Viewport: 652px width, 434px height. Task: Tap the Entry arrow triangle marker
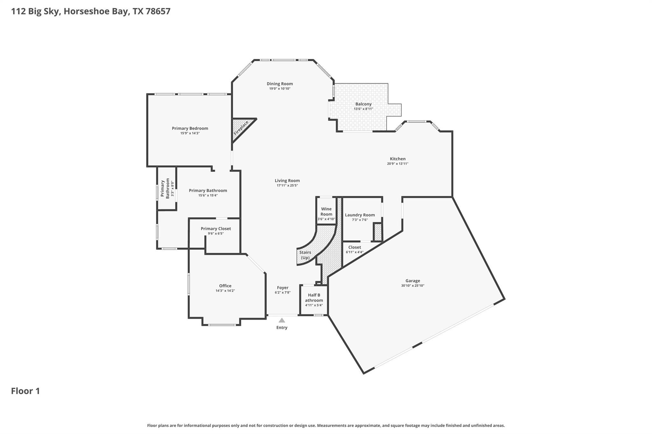click(282, 320)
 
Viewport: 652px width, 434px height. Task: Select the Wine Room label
click(326, 211)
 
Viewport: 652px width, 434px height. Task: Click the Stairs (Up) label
click(305, 255)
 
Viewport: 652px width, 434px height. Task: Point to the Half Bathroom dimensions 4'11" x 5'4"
click(314, 305)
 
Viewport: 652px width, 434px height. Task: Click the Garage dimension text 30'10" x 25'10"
click(413, 286)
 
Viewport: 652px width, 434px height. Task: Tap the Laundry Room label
click(360, 215)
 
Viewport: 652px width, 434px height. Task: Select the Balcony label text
click(363, 104)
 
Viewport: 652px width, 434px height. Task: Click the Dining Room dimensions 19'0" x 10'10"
click(280, 89)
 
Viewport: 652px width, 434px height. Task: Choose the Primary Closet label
click(216, 229)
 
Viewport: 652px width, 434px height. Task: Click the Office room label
click(225, 286)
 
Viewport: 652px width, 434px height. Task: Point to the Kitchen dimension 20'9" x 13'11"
click(398, 164)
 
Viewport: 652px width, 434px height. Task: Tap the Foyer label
click(282, 288)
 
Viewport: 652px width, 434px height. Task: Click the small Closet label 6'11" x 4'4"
click(354, 250)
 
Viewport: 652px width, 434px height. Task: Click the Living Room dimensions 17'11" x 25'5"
click(287, 185)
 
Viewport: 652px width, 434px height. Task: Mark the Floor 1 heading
click(25, 391)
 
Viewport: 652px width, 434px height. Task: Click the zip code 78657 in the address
click(158, 11)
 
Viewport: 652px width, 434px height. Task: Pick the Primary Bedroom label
click(190, 128)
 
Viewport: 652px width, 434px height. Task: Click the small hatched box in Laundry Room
click(378, 232)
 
